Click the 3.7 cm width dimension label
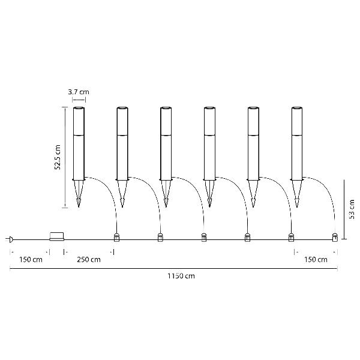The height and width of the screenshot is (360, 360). point(79,92)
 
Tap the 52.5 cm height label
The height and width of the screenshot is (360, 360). point(58,157)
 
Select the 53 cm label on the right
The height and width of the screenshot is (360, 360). point(352,209)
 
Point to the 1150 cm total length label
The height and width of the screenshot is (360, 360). point(181,276)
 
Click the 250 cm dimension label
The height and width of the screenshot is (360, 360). point(89,260)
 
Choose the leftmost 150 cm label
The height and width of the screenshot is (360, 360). point(31,260)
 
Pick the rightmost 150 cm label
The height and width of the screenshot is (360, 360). point(316,260)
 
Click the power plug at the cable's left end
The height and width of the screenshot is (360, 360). point(11,239)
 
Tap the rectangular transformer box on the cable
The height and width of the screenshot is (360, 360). point(57,236)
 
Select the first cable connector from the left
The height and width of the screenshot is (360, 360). point(116,238)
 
